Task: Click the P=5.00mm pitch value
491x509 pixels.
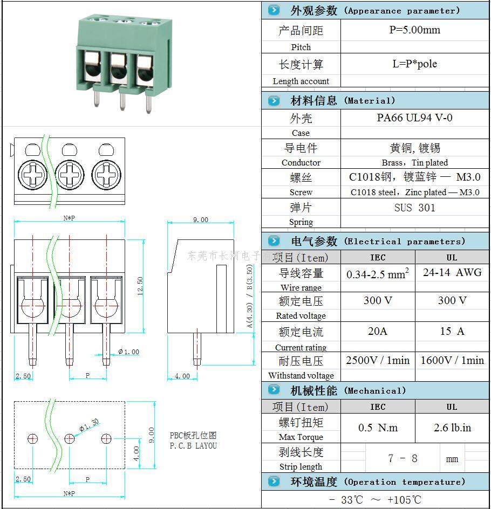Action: tap(414, 30)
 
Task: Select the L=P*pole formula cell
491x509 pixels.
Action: tap(414, 64)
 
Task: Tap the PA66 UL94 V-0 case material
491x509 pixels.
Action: tap(414, 118)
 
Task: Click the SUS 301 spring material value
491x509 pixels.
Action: tap(414, 208)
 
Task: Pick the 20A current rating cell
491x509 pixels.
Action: tap(378, 331)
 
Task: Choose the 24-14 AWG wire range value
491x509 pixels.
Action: tap(452, 273)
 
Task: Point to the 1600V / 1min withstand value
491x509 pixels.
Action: tap(452, 360)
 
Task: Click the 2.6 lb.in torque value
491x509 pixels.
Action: tap(452, 428)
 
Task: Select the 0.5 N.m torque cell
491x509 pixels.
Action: tap(378, 428)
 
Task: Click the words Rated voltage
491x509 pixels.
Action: tap(301, 316)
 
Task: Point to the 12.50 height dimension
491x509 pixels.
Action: tap(140, 286)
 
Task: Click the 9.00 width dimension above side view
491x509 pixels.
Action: tap(200, 219)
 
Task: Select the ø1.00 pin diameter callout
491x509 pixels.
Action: tap(128, 352)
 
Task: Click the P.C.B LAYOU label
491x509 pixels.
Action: tap(193, 446)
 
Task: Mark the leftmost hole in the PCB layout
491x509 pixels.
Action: tap(32, 438)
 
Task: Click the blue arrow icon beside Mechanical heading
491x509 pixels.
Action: tap(274, 390)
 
